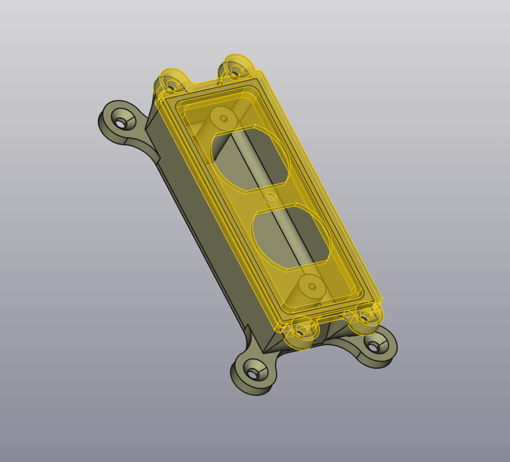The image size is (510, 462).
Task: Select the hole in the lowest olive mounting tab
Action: point(252,374)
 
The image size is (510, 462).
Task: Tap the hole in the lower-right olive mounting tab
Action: point(373,347)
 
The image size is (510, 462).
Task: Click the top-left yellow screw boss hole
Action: point(171,85)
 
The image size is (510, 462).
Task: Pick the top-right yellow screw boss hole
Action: point(235,71)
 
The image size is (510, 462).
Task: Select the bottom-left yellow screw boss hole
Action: point(301,331)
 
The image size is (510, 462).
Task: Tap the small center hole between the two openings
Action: point(271,197)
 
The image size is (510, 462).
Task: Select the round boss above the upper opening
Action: point(223,119)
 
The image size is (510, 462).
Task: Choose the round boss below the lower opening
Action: point(312,286)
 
